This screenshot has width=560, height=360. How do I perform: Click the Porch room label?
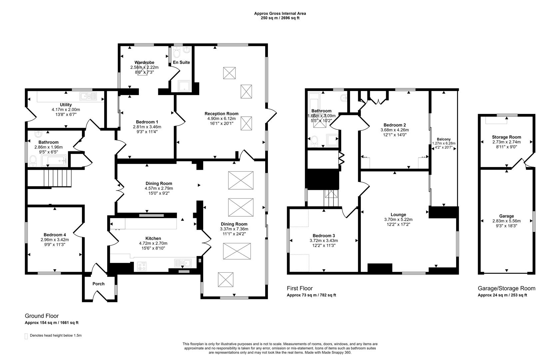(x=98, y=284)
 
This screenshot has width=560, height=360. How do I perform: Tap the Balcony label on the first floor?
(x=444, y=139)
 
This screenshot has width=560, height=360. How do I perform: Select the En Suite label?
(x=181, y=62)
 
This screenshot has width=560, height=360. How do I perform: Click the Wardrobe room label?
(x=144, y=62)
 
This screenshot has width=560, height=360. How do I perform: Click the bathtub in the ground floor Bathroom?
(x=56, y=161)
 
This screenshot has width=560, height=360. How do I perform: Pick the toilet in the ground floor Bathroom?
(x=33, y=161)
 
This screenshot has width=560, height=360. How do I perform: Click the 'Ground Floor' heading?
(x=42, y=316)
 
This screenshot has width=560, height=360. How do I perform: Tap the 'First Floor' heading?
(x=299, y=288)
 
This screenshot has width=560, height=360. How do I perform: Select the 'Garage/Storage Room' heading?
(x=506, y=288)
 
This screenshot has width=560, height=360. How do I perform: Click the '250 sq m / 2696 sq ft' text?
(x=280, y=18)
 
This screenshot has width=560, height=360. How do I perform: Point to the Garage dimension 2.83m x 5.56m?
(x=506, y=221)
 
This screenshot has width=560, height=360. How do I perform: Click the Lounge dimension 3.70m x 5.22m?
(x=398, y=220)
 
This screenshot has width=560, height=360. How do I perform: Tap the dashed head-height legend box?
(x=26, y=336)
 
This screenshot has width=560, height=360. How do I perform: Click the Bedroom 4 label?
(x=55, y=235)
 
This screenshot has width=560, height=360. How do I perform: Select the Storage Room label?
(x=506, y=137)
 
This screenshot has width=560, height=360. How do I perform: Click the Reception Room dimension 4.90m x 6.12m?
(x=221, y=119)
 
